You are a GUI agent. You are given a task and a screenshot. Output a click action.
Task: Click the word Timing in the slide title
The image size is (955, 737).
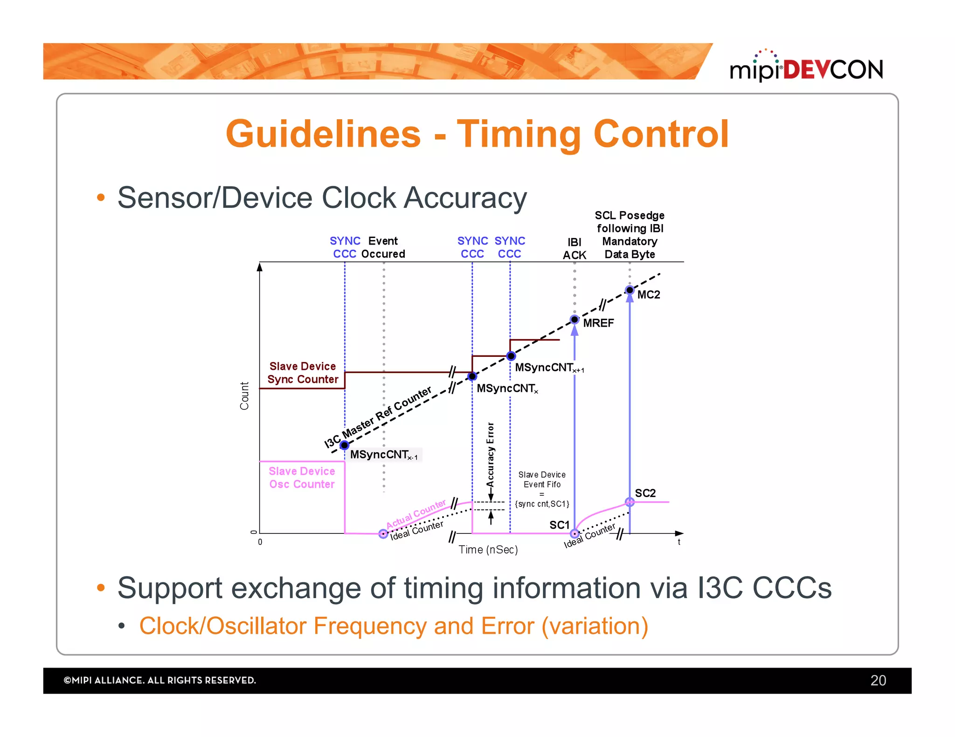pos(518,134)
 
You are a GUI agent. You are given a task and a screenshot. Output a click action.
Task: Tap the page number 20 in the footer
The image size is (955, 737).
pos(878,680)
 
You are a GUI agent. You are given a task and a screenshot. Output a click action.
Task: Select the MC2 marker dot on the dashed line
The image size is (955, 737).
pos(630,290)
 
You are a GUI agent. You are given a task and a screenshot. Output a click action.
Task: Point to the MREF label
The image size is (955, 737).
pos(598,323)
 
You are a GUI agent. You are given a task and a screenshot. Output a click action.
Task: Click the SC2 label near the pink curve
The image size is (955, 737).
pos(645,493)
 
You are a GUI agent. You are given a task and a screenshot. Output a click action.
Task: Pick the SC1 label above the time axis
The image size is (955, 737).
pos(559,525)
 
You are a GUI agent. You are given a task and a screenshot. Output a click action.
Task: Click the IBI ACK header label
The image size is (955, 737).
pos(574,248)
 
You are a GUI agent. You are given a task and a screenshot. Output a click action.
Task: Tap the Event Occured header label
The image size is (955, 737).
pos(383,247)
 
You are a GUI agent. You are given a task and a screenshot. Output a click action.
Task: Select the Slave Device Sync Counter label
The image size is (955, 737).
pos(302,373)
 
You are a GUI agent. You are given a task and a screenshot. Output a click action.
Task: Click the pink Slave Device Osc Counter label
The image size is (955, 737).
pos(302,478)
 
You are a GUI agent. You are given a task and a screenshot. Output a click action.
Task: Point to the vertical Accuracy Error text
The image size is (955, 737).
pos(490,455)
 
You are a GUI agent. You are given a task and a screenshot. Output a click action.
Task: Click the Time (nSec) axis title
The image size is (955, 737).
pos(488,550)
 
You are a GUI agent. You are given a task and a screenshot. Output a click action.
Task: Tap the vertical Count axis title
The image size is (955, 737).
pos(244,396)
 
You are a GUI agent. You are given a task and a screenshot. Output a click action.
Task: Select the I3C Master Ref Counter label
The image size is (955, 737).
pos(378,417)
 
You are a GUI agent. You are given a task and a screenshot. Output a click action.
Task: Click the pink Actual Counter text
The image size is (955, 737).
pos(415,514)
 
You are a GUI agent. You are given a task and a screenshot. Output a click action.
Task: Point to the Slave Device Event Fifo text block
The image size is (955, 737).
pos(541,489)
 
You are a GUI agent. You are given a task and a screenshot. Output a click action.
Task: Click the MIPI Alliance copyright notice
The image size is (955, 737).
pos(159,680)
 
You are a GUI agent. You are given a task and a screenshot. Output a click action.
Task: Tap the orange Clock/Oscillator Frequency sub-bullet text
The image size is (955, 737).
pos(393,626)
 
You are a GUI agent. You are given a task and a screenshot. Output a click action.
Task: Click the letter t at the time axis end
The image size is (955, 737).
pos(679,542)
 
